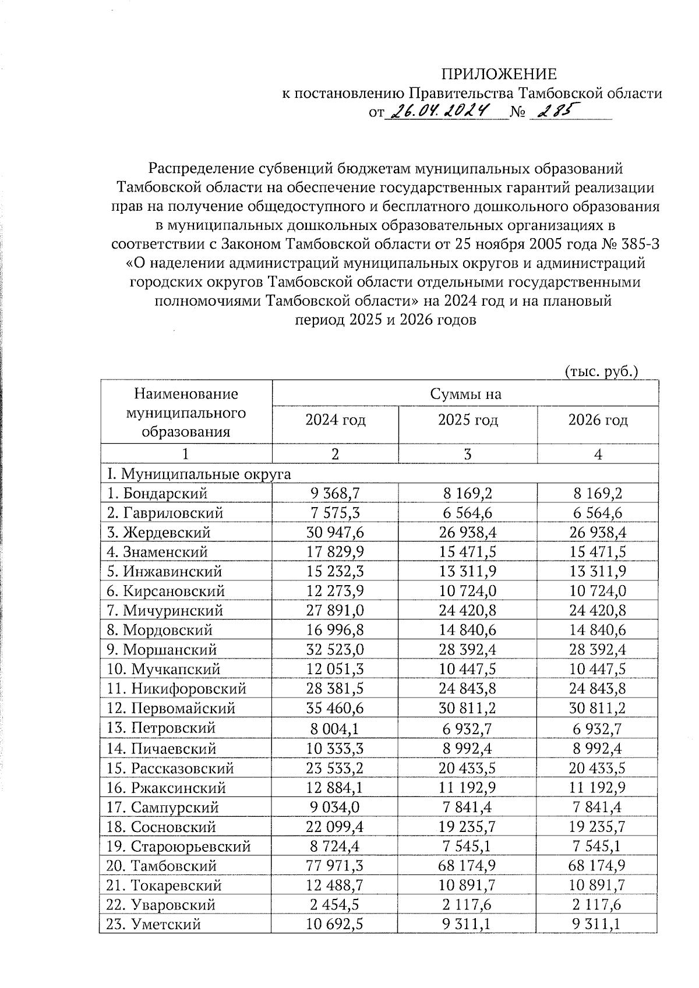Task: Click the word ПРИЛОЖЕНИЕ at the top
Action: click(499, 74)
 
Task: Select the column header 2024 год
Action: click(336, 420)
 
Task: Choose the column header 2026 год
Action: click(598, 420)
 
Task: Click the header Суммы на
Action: click(465, 394)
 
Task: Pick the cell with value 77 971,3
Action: click(335, 866)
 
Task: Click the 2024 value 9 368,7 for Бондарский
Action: click(335, 494)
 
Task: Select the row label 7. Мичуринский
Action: click(165, 611)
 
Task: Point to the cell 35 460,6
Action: click(335, 709)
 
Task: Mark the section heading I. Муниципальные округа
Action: click(199, 474)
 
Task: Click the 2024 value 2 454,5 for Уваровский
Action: click(335, 905)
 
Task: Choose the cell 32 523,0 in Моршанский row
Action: click(335, 650)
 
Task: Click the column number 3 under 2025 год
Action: click(467, 455)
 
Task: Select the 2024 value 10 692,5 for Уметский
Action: click(335, 924)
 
